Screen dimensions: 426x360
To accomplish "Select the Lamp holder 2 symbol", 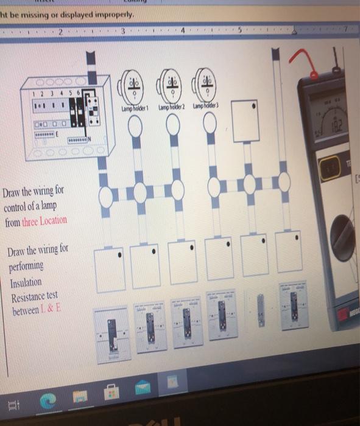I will pos(172,85).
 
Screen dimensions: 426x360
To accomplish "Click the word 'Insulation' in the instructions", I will pos(26,283).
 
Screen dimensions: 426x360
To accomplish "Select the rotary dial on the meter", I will pos(345,234).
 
